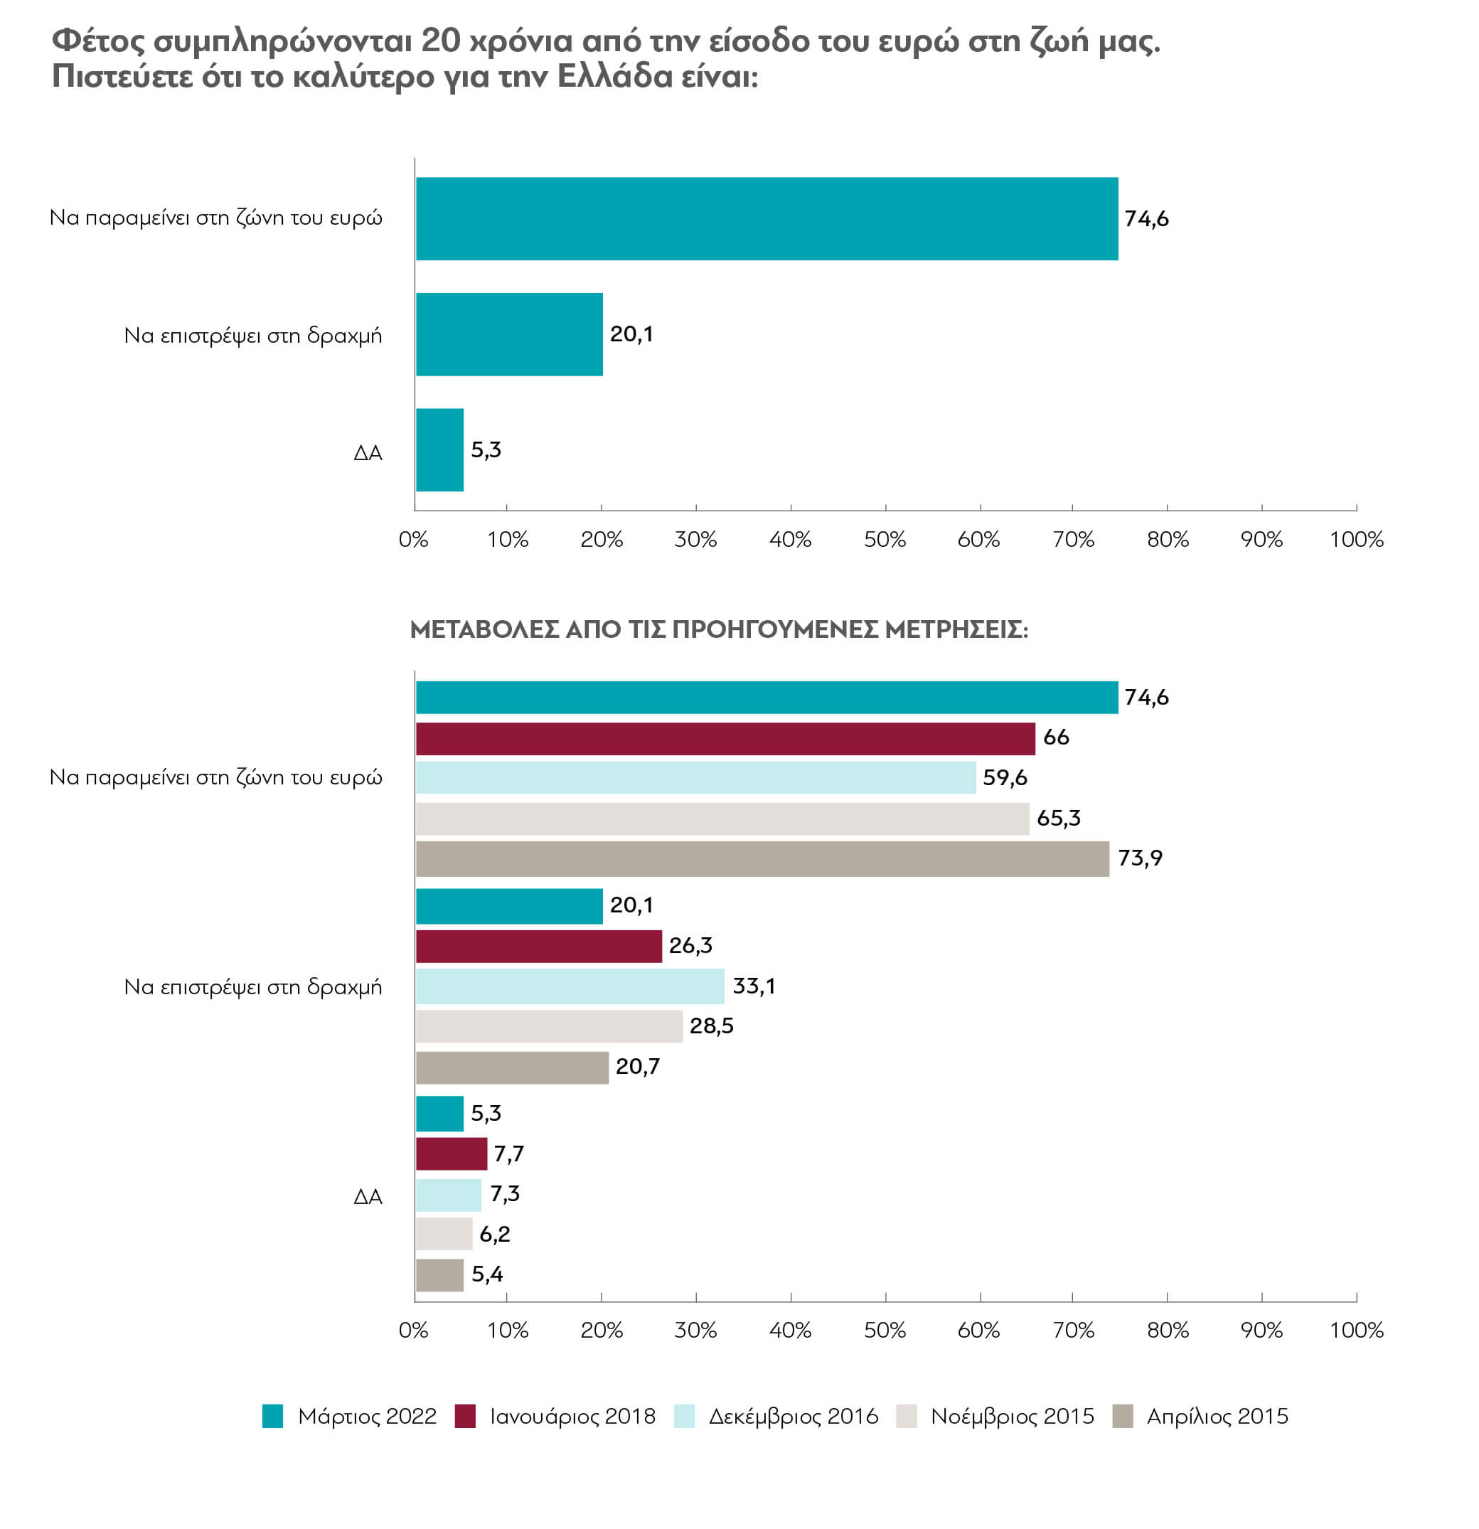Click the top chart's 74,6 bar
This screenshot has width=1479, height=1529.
click(767, 218)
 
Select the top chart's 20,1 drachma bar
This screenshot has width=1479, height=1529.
click(509, 334)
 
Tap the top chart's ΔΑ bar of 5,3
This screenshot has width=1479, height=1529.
click(440, 450)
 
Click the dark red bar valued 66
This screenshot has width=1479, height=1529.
click(725, 738)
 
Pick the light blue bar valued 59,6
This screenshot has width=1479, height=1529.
click(696, 778)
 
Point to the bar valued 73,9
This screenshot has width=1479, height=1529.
click(762, 858)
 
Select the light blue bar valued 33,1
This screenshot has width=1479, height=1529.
click(570, 986)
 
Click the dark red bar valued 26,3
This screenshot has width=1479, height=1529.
click(539, 945)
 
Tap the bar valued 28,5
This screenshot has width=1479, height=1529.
click(549, 1025)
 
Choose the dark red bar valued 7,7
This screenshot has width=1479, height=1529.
click(452, 1154)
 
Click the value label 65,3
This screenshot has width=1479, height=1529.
click(1059, 819)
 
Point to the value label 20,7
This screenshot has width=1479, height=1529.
click(638, 1067)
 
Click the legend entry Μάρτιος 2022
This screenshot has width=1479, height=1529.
click(349, 1416)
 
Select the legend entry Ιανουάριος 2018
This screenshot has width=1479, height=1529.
click(555, 1416)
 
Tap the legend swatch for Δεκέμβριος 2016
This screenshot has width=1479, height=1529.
click(684, 1416)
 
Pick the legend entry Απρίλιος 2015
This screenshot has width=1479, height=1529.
click(1200, 1416)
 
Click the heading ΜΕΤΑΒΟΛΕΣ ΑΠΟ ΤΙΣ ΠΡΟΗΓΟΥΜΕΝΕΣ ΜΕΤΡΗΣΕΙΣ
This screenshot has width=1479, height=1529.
click(719, 629)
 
